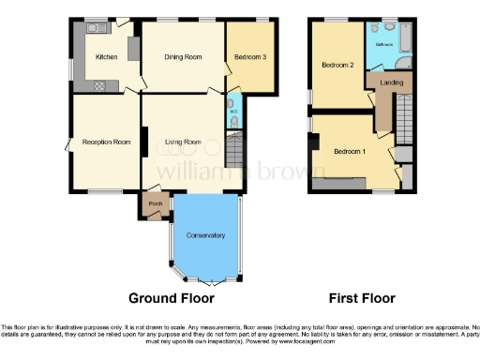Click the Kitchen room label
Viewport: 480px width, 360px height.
[108, 57]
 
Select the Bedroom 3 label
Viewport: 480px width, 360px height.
[250, 57]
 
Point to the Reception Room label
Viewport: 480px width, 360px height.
[105, 142]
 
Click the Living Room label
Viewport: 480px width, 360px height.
[184, 142]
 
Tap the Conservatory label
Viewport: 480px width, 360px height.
[206, 235]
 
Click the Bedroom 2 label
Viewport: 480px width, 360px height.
[337, 66]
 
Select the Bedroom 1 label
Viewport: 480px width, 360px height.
[350, 152]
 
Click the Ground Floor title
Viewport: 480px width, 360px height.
[171, 298]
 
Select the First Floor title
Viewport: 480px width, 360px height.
[361, 298]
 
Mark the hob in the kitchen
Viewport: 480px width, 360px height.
[98, 85]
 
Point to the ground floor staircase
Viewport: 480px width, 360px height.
[234, 150]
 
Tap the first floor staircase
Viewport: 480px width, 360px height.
[403, 116]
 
